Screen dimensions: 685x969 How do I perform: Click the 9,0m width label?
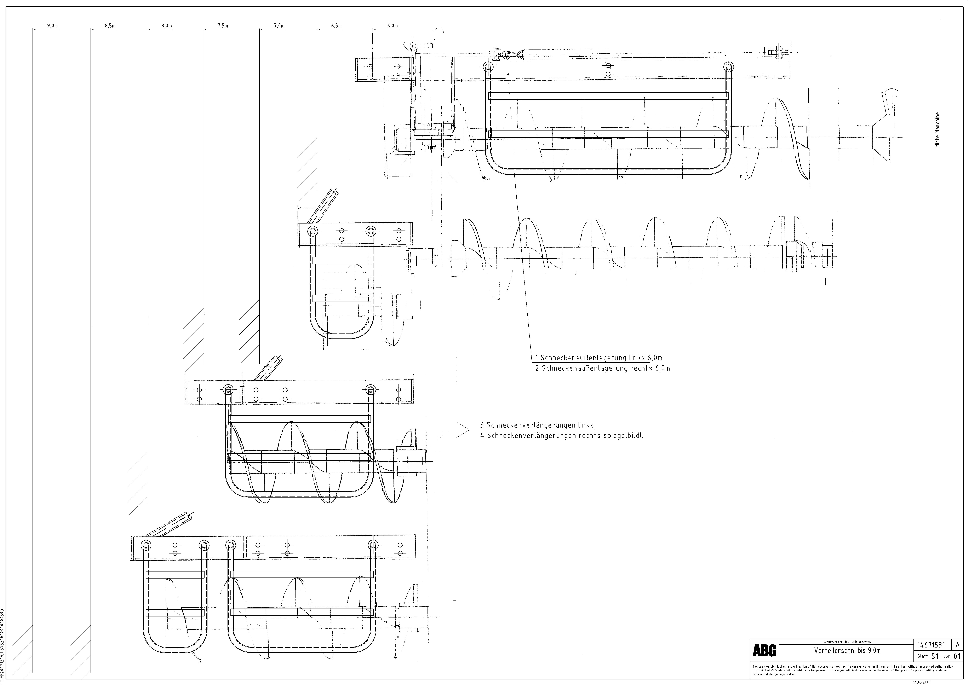pyautogui.click(x=52, y=26)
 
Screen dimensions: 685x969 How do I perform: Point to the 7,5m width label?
pyautogui.click(x=223, y=26)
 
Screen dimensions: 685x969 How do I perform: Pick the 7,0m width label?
pyautogui.click(x=279, y=26)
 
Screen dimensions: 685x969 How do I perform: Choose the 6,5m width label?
pyautogui.click(x=336, y=26)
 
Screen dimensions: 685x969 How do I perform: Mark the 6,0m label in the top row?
pyautogui.click(x=392, y=26)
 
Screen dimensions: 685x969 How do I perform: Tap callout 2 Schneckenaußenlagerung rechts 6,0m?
pyautogui.click(x=602, y=368)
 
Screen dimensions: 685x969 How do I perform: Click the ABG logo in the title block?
pyautogui.click(x=764, y=663)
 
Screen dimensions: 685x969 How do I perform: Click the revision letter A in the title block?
pyautogui.click(x=958, y=657)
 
